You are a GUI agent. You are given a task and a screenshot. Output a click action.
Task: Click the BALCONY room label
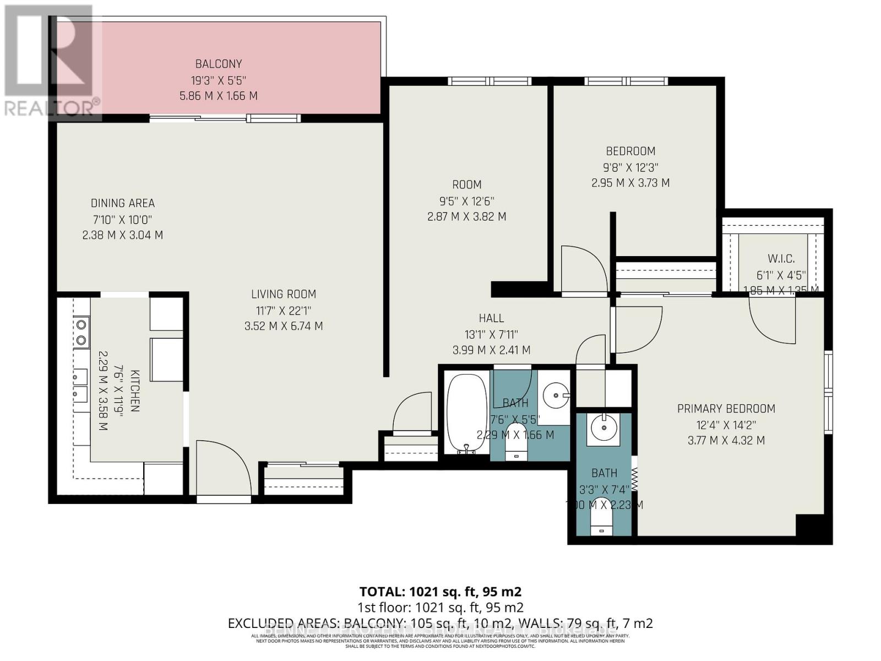(218, 64)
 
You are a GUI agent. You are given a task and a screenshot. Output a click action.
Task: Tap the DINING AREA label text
(122, 203)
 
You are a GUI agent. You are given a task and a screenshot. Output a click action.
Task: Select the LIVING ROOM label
(284, 294)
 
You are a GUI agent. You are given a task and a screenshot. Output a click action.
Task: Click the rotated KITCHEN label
(135, 391)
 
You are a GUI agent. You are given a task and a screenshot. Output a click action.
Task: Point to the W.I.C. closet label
(781, 259)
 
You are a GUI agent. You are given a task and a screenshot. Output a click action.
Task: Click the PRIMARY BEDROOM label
(726, 409)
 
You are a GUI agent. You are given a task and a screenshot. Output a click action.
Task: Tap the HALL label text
(491, 318)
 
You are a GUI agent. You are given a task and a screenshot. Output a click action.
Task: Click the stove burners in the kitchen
(81, 332)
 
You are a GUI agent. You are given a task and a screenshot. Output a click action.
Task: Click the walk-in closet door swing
(771, 319)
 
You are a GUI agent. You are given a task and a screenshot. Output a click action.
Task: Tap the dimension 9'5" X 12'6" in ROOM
(466, 201)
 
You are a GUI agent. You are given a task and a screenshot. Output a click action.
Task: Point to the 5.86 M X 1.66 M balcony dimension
(218, 96)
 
